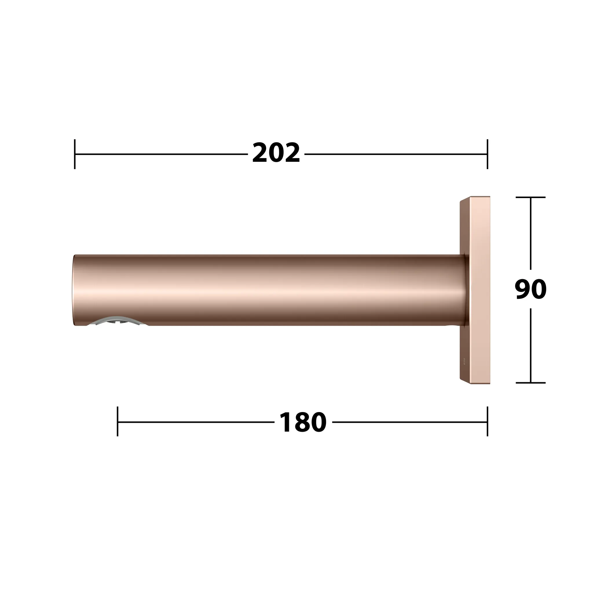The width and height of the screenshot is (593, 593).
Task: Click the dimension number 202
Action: (x=276, y=153)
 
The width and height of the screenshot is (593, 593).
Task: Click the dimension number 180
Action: (x=303, y=423)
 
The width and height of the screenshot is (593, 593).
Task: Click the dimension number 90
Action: (x=530, y=289)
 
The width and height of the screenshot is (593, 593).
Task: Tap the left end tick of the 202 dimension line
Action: (x=75, y=154)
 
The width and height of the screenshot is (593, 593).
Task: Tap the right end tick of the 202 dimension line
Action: (x=487, y=154)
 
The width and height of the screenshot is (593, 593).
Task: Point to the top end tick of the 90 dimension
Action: (x=530, y=197)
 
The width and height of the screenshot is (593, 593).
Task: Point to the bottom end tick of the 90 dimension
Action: (x=530, y=383)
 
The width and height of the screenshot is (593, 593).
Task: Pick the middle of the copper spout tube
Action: (x=270, y=290)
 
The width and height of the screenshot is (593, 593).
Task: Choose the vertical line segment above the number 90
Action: (x=530, y=233)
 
